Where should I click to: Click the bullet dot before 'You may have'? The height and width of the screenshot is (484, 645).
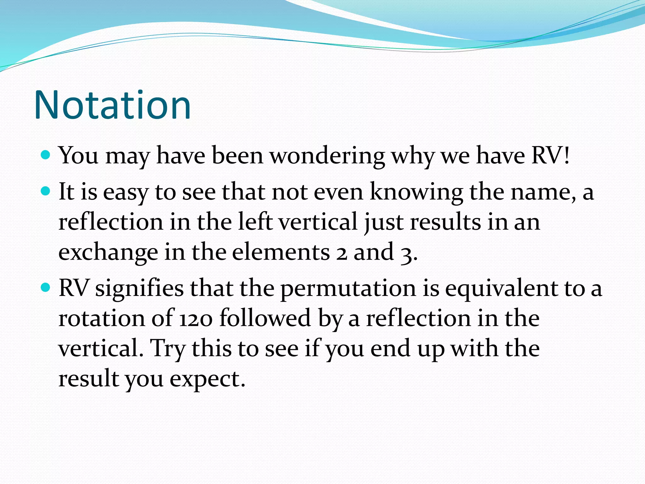[x=46, y=155]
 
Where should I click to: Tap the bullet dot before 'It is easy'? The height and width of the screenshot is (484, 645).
[x=46, y=191]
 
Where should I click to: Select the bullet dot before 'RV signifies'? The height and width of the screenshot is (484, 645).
[x=46, y=287]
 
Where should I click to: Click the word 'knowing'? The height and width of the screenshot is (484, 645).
[x=416, y=192]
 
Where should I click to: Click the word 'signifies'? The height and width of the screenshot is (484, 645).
[x=139, y=288]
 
